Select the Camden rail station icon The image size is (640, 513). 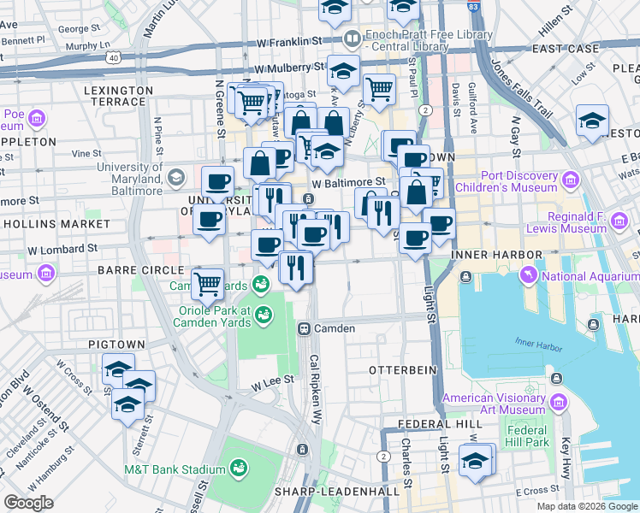click(x=303, y=328)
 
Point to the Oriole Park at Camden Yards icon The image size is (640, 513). click(x=264, y=315)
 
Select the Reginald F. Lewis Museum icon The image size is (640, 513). click(x=619, y=220)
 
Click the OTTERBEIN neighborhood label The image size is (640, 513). click(x=402, y=370)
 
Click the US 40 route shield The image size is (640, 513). click(x=112, y=57)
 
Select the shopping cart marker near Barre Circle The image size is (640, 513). click(x=207, y=284)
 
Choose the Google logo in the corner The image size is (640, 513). click(x=29, y=504)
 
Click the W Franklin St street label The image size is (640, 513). click(x=292, y=40)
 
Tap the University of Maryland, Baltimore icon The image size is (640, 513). click(x=176, y=178)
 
